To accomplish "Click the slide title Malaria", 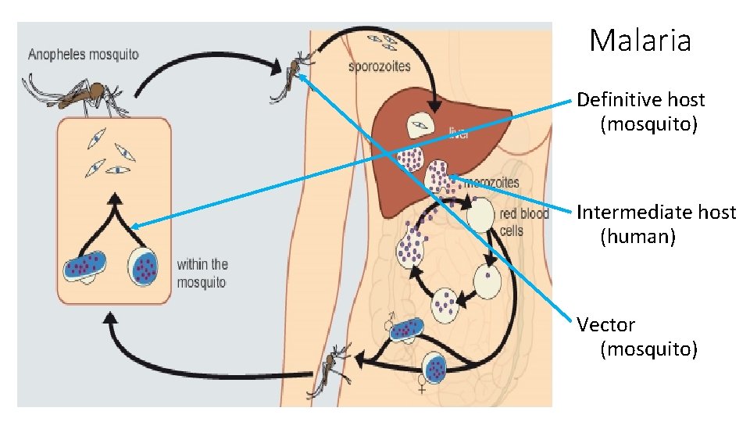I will point(640,40).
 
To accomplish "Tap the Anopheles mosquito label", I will point(84,55).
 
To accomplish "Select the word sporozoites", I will point(379,66).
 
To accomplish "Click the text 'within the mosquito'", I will point(202,273).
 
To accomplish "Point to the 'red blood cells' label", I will point(523,222).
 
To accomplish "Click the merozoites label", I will point(491,183).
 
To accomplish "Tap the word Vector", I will point(605,324).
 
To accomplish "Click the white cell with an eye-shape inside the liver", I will point(420,123).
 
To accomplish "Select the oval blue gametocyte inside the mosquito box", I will point(84,266).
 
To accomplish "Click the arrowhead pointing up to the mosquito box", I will point(111,317).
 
